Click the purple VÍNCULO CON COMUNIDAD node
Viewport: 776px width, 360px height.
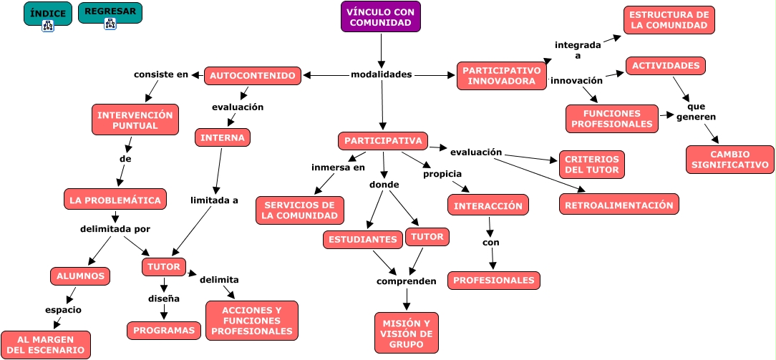coord(381,17)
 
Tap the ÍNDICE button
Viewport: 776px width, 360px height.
coord(48,14)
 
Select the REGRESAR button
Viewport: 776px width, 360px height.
coord(110,12)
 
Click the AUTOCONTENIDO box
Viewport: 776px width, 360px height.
coord(253,76)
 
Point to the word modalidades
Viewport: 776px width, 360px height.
coord(382,74)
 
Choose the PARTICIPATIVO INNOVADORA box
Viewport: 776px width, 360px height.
coord(501,76)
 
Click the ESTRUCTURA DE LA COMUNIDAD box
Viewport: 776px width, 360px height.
coord(669,20)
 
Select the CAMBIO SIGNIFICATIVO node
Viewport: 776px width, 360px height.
coord(729,160)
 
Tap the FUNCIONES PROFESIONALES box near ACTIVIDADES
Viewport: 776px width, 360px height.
coord(611,119)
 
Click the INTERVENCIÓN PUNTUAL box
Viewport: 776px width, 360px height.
coord(135,120)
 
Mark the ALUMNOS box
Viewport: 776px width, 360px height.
coord(80,276)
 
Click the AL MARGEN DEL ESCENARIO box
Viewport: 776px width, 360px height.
coord(46,344)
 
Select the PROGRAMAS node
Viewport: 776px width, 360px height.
coord(164,330)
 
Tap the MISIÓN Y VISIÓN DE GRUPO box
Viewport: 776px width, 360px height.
coord(406,333)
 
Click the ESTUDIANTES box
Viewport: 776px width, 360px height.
coord(362,239)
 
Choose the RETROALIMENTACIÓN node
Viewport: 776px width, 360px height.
coord(619,205)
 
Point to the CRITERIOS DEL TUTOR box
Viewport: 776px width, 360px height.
coord(591,165)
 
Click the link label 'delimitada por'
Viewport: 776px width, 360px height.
coord(115,229)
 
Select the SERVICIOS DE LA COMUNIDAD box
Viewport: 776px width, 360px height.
coord(300,210)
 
